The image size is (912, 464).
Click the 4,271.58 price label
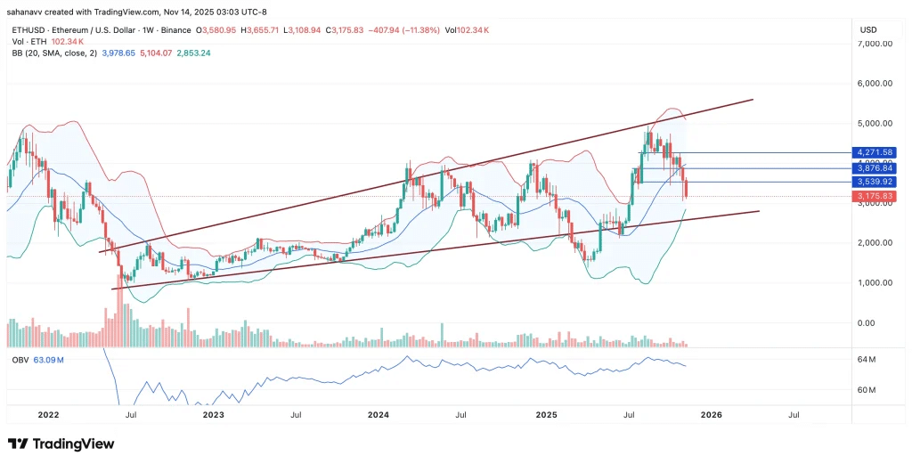tap(875, 153)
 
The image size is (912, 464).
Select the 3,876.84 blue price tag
tap(875, 167)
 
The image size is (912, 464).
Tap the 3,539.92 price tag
tap(875, 182)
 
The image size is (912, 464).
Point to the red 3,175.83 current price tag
tap(875, 196)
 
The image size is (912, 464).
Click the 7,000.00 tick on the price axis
tap(875, 44)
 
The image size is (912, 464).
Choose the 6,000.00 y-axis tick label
tap(875, 84)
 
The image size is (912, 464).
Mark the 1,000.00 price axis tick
tap(875, 283)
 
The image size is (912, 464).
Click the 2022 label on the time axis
tap(48, 414)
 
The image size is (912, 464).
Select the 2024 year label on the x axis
tap(379, 414)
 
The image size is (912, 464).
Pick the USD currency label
tap(868, 30)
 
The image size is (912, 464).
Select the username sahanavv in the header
tap(28, 12)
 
